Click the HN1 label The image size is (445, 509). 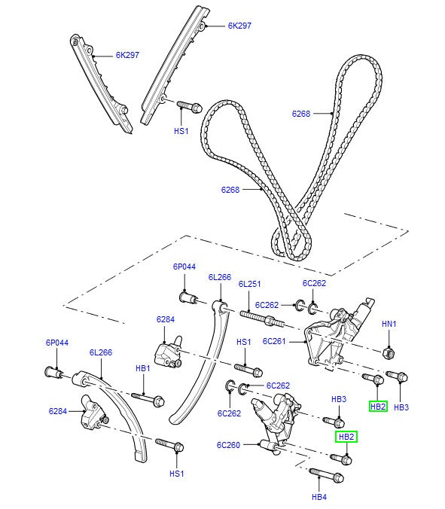point(389,324)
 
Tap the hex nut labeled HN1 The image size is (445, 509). point(389,353)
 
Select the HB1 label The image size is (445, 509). point(143,368)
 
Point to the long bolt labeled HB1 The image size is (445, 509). point(148,398)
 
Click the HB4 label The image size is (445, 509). point(319,497)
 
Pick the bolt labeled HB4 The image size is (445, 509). point(326,475)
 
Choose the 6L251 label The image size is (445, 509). point(249,284)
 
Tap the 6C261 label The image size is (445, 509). point(274,341)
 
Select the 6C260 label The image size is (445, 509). point(228,445)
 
